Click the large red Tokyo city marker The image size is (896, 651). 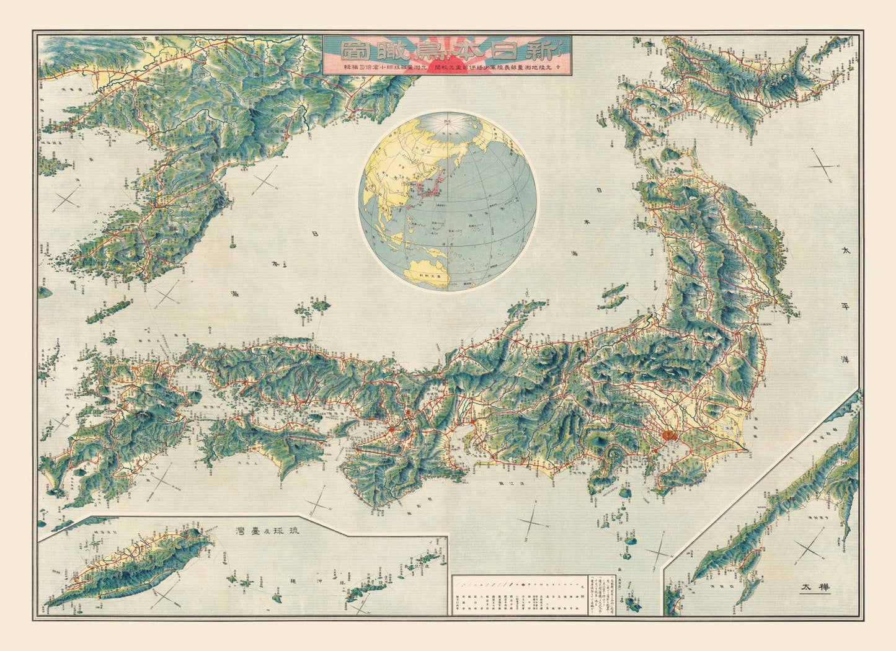[x=667, y=435]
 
